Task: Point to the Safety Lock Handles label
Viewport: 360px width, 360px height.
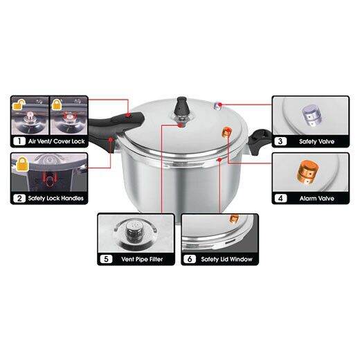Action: [x=56, y=199]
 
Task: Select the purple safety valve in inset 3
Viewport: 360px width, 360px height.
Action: [x=309, y=114]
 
